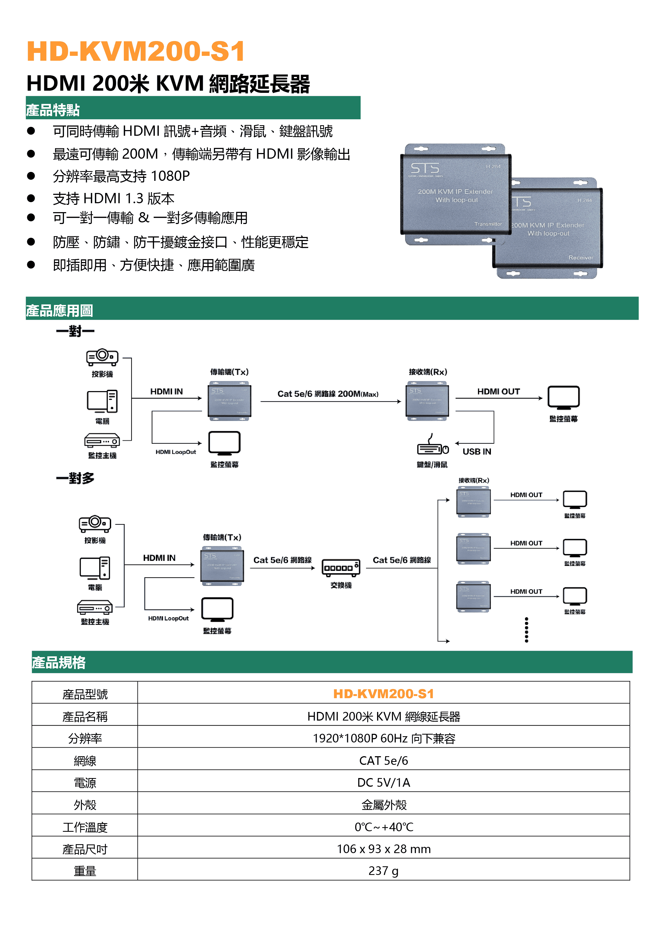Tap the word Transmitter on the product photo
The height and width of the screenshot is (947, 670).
pyautogui.click(x=488, y=224)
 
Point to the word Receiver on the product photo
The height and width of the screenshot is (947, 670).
pyautogui.click(x=580, y=257)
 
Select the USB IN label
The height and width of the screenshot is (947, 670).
pyautogui.click(x=477, y=452)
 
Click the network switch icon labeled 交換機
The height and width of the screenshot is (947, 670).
pyautogui.click(x=341, y=567)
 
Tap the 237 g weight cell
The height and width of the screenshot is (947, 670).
pyautogui.click(x=383, y=871)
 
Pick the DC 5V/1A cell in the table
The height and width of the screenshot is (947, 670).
pyautogui.click(x=383, y=782)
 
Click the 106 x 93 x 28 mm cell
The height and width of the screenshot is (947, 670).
pyautogui.click(x=383, y=849)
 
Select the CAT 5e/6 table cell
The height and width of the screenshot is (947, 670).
pyautogui.click(x=383, y=761)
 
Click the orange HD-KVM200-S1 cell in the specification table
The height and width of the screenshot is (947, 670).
pyautogui.click(x=383, y=694)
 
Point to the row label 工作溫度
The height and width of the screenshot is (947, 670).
pyautogui.click(x=85, y=827)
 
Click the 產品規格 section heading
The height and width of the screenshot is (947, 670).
pyautogui.click(x=59, y=663)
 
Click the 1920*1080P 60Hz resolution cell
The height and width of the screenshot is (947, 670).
pyautogui.click(x=383, y=738)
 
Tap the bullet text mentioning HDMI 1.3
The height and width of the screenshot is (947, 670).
pyautogui.click(x=114, y=199)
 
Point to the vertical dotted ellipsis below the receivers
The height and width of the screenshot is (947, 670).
pyautogui.click(x=527, y=630)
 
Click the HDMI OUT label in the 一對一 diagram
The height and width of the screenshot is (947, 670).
pyautogui.click(x=498, y=391)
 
